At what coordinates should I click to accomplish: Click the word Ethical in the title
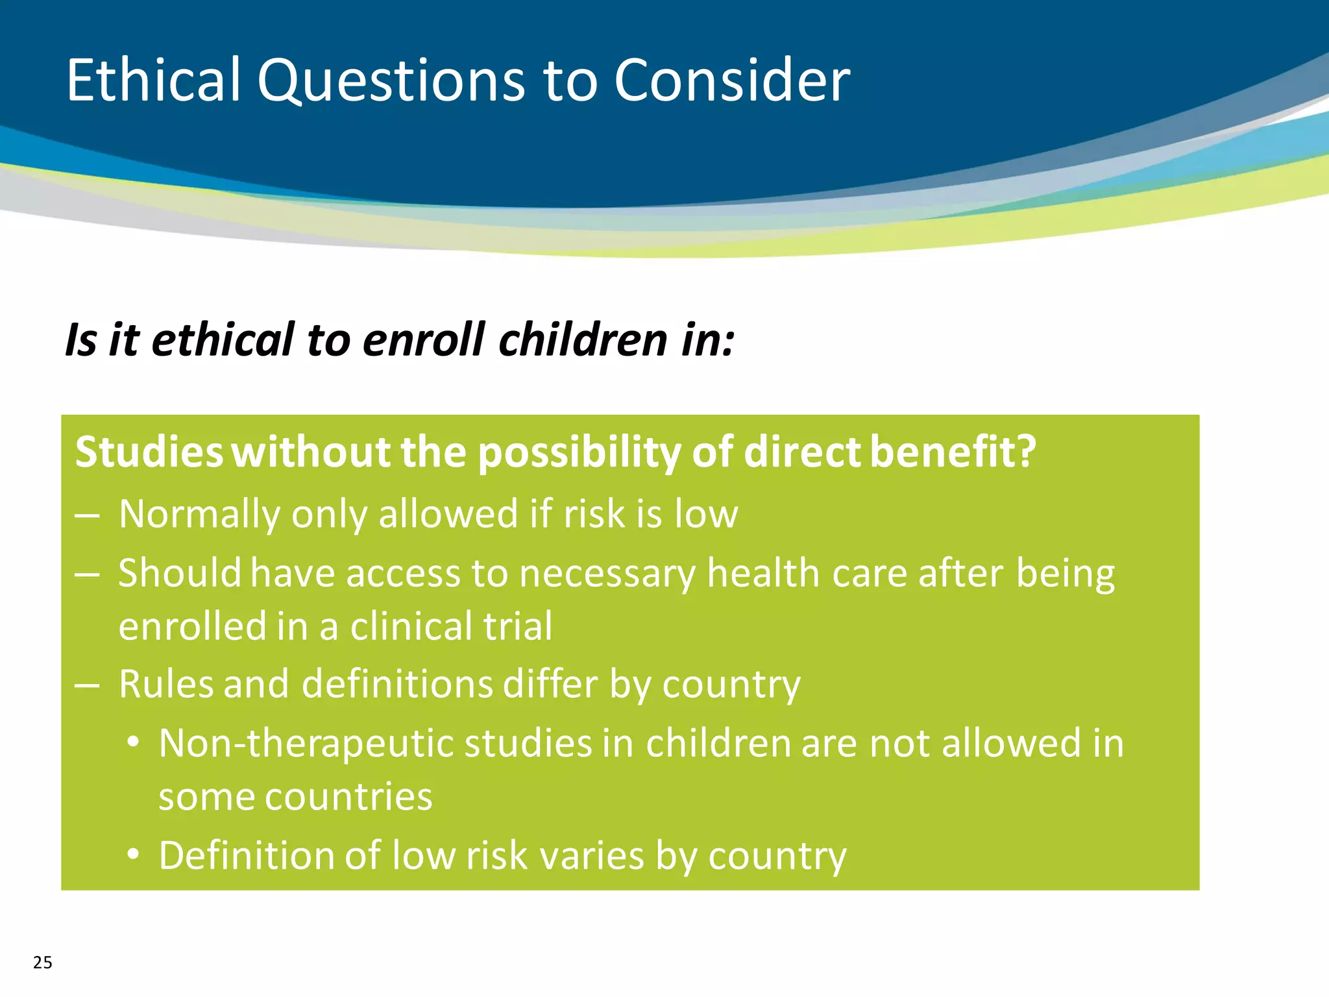(x=153, y=80)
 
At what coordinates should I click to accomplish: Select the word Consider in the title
(x=731, y=80)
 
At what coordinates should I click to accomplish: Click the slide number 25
(x=43, y=963)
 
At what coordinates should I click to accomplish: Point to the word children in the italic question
(x=583, y=340)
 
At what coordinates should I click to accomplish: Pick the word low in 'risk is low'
(x=706, y=515)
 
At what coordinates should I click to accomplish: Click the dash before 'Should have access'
(x=87, y=574)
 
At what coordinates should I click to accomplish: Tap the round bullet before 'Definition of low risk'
(x=133, y=854)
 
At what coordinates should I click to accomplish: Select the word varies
(x=591, y=856)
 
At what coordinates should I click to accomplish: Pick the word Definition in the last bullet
(x=246, y=855)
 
